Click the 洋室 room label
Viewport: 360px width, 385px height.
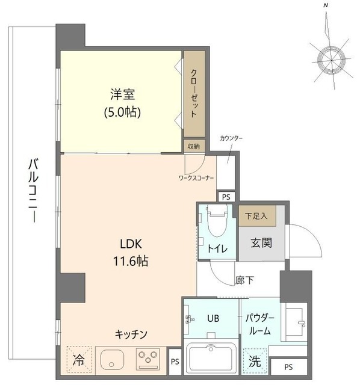pyautogui.click(x=122, y=94)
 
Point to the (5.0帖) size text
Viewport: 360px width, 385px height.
pyautogui.click(x=122, y=112)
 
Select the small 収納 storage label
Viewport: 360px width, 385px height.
pyautogui.click(x=193, y=146)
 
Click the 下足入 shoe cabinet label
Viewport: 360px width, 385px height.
pyautogui.click(x=252, y=214)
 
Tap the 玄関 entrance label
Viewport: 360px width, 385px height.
pyautogui.click(x=261, y=243)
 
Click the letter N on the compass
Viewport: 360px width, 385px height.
pyautogui.click(x=326, y=5)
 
